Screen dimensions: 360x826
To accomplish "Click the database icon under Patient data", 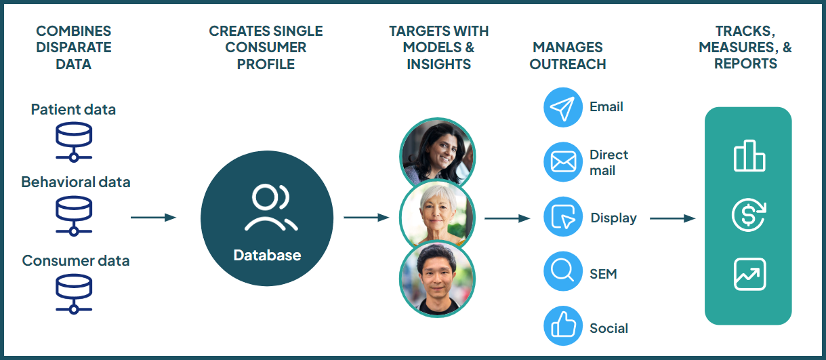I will [73, 141].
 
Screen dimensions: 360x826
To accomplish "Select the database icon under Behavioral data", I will [73, 216].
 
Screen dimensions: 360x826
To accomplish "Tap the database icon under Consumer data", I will [73, 292].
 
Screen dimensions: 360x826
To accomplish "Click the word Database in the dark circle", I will [267, 256].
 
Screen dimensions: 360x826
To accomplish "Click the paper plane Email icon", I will [563, 107].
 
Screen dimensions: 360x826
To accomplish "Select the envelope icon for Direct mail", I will [563, 162].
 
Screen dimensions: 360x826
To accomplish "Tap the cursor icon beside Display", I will [563, 218].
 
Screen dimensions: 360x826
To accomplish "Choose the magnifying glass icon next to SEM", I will [563, 273].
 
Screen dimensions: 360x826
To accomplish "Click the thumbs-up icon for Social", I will [563, 327].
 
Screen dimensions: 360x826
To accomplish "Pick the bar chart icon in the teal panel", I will [749, 156].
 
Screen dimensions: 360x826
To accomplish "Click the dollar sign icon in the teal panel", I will [749, 215].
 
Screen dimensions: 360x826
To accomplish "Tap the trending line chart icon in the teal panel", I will [749, 274].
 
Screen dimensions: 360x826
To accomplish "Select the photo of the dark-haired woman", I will [437, 154].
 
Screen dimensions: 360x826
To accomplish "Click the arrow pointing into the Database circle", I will [153, 218].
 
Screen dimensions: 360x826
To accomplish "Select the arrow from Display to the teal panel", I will [672, 218].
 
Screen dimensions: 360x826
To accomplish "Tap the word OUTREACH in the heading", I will [568, 64].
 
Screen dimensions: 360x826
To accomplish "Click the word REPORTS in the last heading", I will [745, 64].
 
